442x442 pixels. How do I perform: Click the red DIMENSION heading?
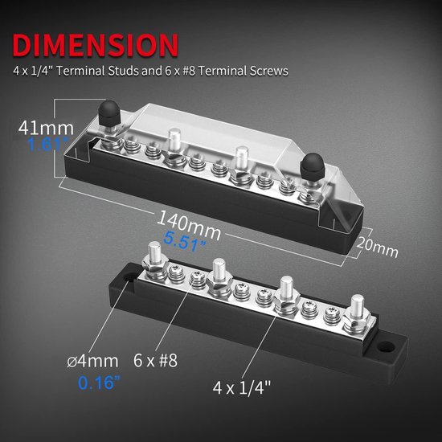pos(96,45)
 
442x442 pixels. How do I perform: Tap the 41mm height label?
pos(46,128)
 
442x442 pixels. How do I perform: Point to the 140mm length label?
pos(189,225)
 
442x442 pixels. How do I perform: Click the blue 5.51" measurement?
pos(185,241)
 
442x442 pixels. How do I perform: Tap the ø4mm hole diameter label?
pos(92,361)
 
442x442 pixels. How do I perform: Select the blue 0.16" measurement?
pos(99,383)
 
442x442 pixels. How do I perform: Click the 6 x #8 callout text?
pos(155,360)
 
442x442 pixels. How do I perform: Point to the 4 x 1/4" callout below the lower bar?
pos(242,387)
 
